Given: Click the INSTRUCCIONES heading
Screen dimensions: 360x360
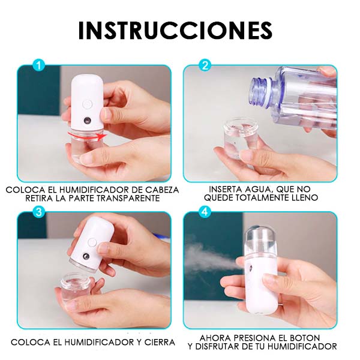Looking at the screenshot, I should point(175,30).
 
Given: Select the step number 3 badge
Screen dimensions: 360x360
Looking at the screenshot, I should point(40,211).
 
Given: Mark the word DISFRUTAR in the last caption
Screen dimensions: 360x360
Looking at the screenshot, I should point(223,346).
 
